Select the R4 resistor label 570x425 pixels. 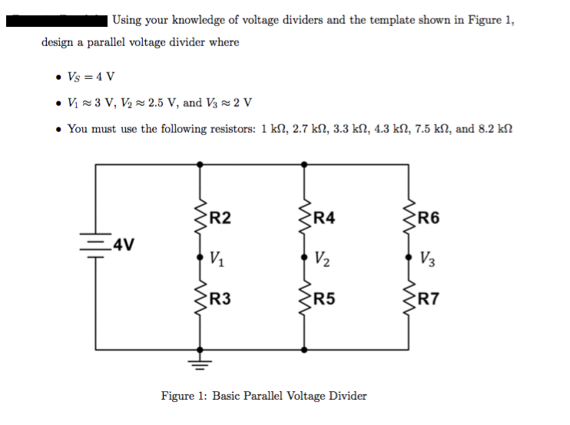325,217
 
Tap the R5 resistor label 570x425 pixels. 325,298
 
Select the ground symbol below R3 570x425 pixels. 200,359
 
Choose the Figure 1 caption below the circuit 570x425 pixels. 263,396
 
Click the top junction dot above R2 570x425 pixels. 200,163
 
